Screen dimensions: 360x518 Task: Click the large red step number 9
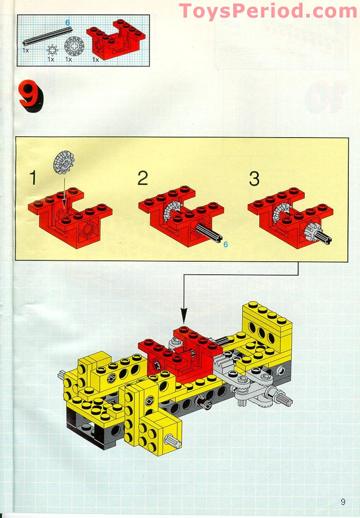point(31,96)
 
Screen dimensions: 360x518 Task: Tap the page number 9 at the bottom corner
point(343,501)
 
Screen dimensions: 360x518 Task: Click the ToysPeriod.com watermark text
point(268,11)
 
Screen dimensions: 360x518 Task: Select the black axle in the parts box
point(47,36)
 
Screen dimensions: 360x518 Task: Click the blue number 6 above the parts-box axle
point(67,23)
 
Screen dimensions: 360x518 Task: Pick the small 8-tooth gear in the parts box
point(52,50)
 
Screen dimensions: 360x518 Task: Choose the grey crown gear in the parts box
point(74,46)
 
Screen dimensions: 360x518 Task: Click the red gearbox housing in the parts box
point(116,39)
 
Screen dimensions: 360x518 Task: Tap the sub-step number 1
point(33,178)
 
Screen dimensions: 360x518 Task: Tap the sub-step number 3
point(254,179)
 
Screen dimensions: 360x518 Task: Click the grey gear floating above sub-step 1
point(63,162)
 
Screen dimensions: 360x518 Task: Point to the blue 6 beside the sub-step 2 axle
point(226,245)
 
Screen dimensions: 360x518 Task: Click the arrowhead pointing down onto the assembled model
point(184,316)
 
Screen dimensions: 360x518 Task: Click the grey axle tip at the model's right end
point(284,400)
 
